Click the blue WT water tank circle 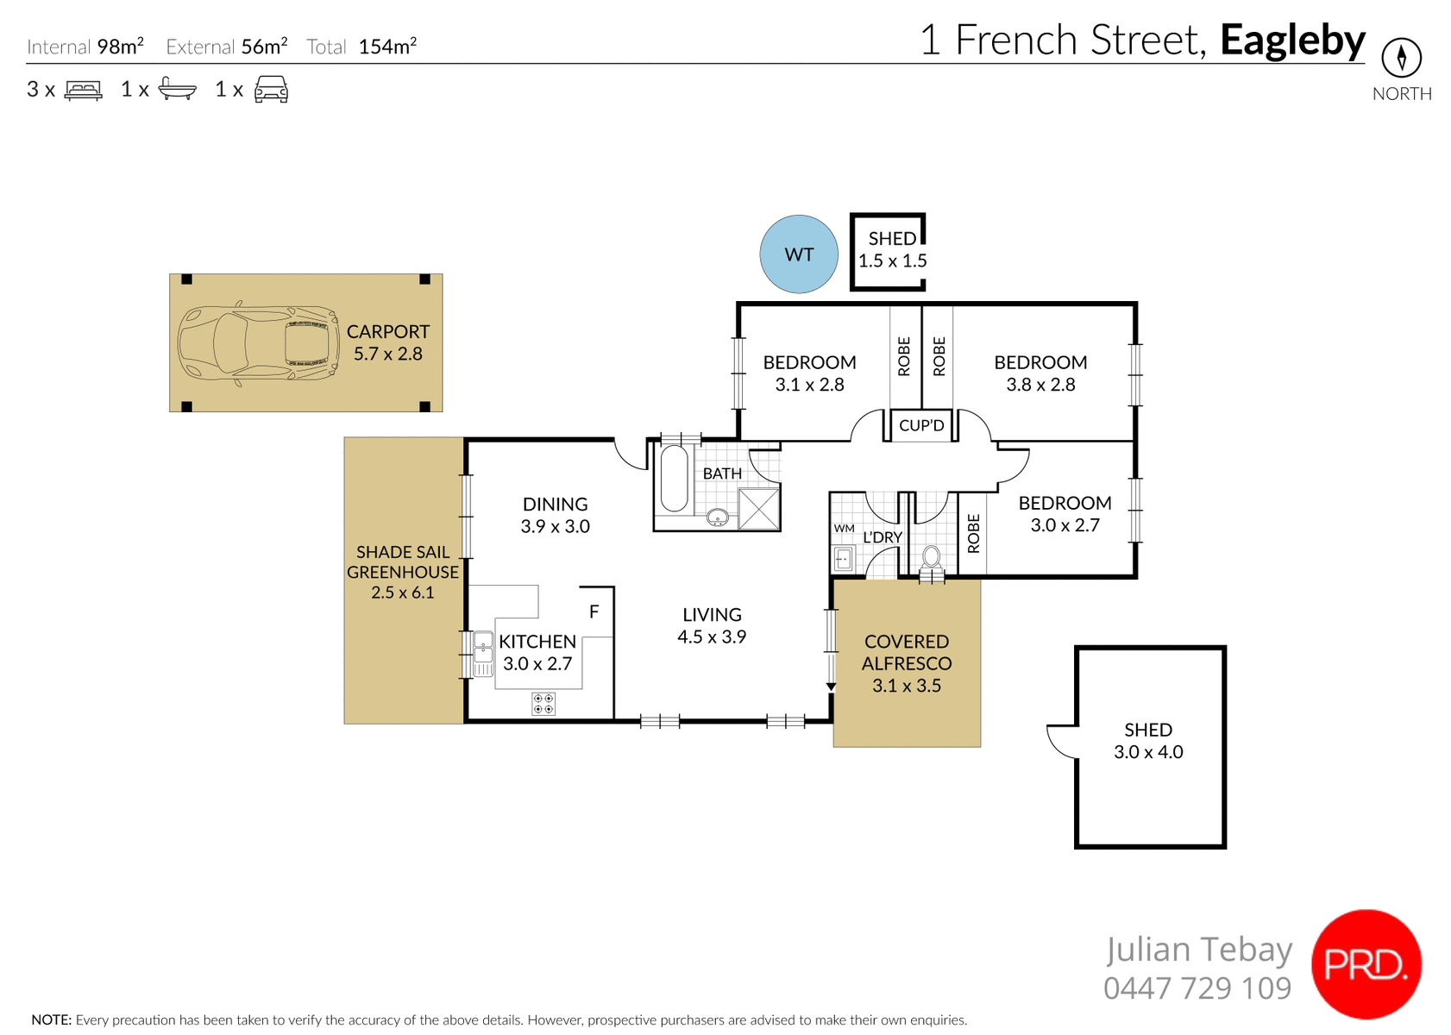(799, 254)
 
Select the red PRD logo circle (1366, 964)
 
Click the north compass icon (1401, 59)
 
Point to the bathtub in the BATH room (674, 479)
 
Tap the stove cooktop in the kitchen (543, 704)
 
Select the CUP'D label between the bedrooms (921, 425)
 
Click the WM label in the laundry (844, 529)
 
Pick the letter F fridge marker (594, 612)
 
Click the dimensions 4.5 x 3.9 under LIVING (712, 637)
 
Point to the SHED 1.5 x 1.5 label (892, 250)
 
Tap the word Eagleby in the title (1292, 41)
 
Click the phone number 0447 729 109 (1197, 988)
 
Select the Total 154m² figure (386, 47)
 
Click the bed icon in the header (84, 90)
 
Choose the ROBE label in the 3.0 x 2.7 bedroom (974, 533)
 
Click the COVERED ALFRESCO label (907, 653)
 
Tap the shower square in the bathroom (759, 508)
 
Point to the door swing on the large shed (1062, 741)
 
